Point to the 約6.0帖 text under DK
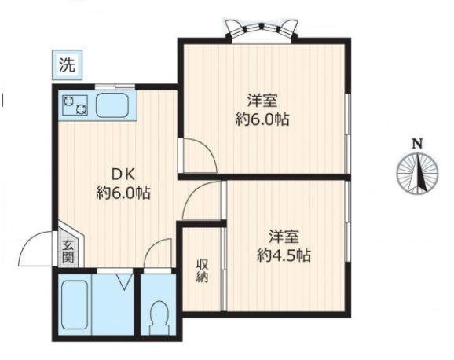coord(124,193)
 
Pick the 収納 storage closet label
coord(202,270)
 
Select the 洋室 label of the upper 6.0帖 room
coord(262,101)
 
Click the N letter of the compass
coord(417,143)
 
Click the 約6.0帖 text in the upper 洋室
coord(263,120)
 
